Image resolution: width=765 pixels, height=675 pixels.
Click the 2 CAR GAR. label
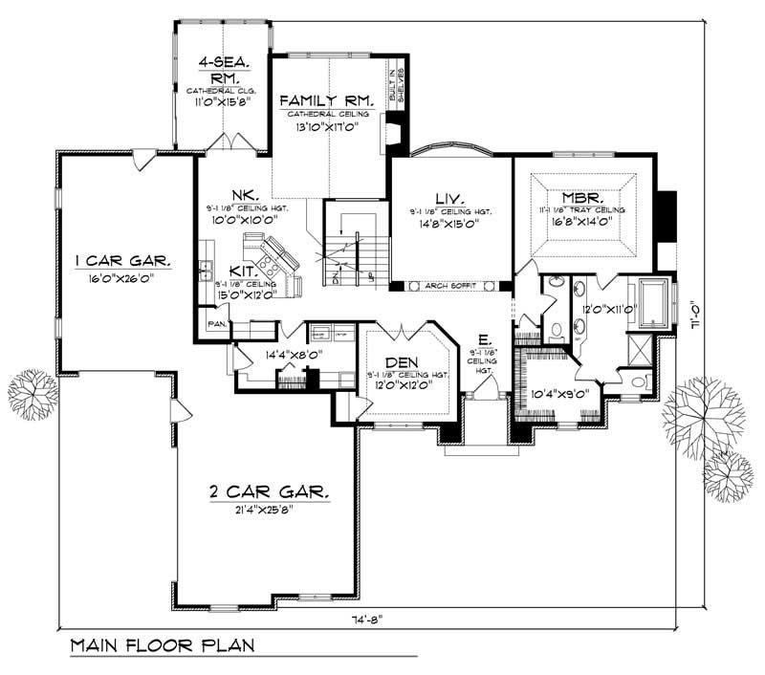point(269,492)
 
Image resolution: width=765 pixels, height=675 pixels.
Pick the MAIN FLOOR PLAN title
point(162,645)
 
